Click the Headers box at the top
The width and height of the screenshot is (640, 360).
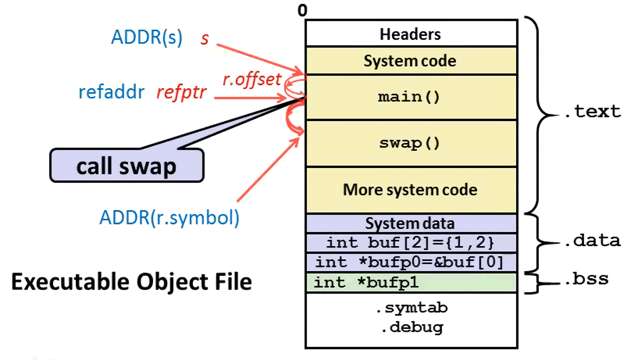click(x=410, y=34)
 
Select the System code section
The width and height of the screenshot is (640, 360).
click(x=410, y=61)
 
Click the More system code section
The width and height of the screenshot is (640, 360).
click(x=410, y=190)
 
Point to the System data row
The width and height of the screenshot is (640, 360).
click(x=410, y=223)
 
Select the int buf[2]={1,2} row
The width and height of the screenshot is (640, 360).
click(x=410, y=243)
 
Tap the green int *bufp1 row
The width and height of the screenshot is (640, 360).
click(x=410, y=283)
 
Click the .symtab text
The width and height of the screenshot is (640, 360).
click(x=411, y=308)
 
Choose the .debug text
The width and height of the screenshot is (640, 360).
click(x=411, y=327)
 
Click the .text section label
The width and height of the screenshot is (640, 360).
click(x=592, y=111)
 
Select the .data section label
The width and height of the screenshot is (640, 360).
click(x=592, y=241)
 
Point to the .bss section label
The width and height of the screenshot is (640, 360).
click(x=586, y=279)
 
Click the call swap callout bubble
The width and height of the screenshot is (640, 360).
click(x=126, y=165)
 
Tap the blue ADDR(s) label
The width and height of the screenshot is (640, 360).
click(x=146, y=38)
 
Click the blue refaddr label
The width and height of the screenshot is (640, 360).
click(x=111, y=92)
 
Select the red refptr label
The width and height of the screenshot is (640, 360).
click(x=181, y=92)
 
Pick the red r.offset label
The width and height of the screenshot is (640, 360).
click(x=251, y=79)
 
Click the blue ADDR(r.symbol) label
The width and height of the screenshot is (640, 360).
click(x=169, y=217)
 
